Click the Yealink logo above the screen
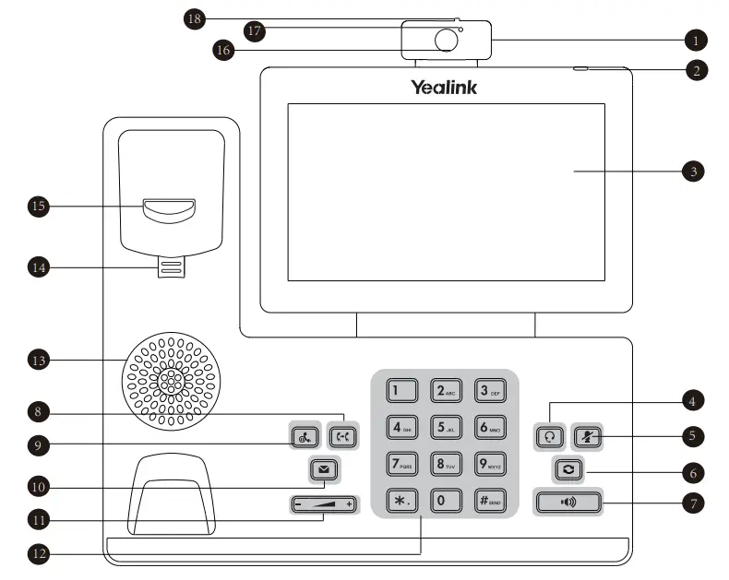tap(444, 88)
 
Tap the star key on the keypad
tap(400, 500)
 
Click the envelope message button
tap(323, 469)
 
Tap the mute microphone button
tap(588, 435)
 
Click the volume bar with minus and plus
tap(323, 504)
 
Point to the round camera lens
tap(447, 40)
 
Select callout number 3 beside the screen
tap(693, 171)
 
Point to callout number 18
tap(195, 18)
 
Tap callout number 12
tap(38, 554)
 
